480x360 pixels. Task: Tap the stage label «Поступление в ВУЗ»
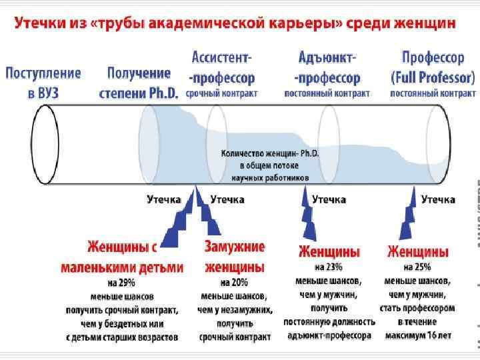(43, 82)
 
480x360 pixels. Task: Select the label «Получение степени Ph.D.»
(139, 83)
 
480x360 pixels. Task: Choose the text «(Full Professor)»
(433, 77)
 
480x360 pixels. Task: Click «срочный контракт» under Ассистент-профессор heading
(221, 94)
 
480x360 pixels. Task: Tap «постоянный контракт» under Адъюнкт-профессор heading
(327, 94)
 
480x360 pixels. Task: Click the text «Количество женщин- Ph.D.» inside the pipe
(270, 153)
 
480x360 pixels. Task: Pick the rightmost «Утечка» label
(438, 199)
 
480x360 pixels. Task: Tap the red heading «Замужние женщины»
(234, 257)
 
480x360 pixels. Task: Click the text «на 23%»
(329, 267)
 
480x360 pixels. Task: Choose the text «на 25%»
(417, 267)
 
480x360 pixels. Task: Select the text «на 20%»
(234, 283)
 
